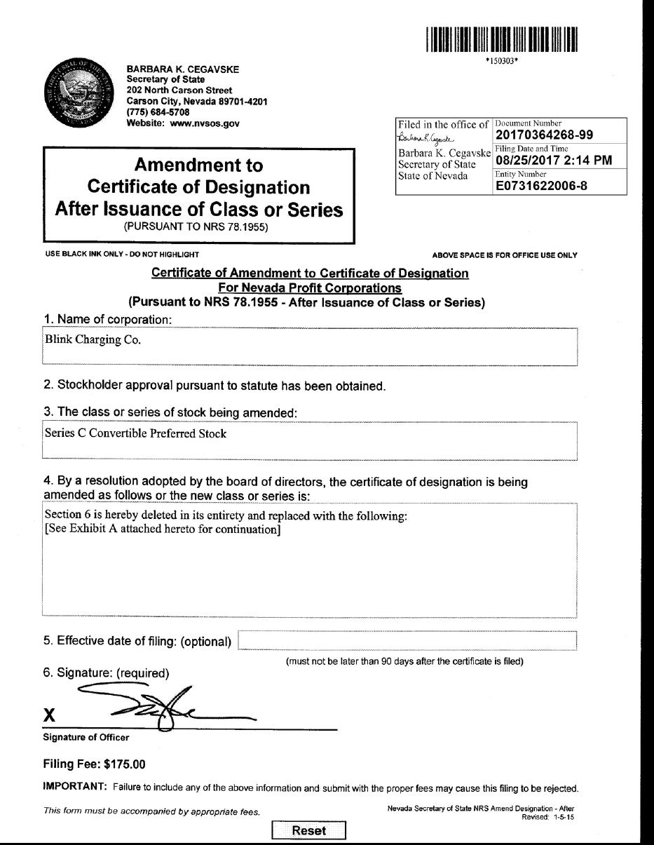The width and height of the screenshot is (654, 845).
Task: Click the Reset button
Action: point(308,830)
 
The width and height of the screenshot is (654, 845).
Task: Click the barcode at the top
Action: point(500,40)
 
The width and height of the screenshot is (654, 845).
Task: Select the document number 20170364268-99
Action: point(549,135)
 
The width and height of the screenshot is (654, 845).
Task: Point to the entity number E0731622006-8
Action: point(538,186)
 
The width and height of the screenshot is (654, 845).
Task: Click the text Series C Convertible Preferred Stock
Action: point(135,433)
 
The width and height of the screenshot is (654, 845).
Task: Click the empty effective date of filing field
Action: point(407,641)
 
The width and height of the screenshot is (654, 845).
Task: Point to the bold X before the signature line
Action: point(50,715)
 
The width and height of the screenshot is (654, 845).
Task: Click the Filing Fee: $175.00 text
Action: point(95,764)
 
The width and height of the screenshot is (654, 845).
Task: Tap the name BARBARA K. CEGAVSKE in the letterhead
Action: point(182,69)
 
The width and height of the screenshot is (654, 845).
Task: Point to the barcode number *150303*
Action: point(500,60)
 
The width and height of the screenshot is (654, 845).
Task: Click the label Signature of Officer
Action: point(86,738)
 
